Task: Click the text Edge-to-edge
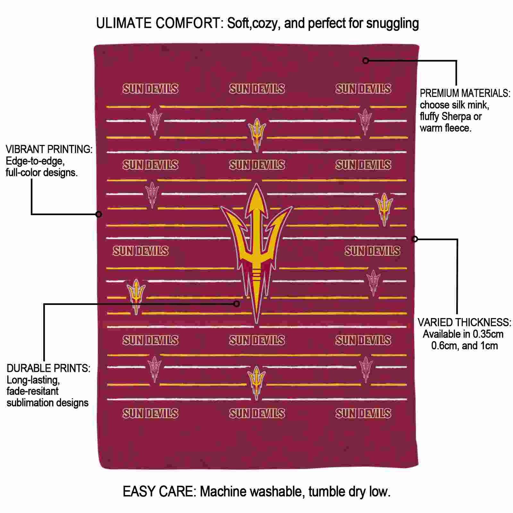point(35,161)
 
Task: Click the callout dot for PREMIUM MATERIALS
point(366,60)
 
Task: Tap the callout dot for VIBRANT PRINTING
point(99,214)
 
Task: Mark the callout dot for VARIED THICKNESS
point(415,239)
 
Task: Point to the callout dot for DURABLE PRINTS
point(237,303)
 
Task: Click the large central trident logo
point(256,244)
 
